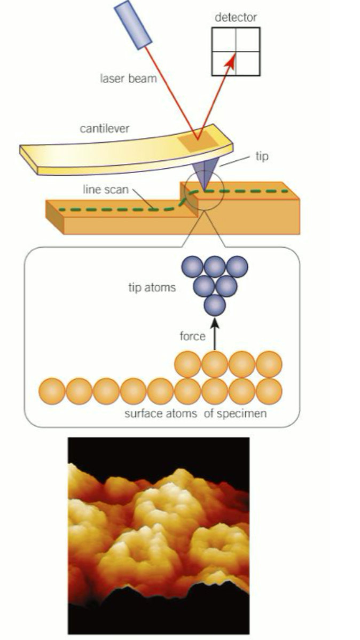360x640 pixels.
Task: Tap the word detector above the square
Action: coord(236,17)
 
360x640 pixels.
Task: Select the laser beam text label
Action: coord(129,79)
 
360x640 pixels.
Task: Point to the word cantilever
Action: coord(104,129)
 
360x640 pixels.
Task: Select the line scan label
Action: coord(105,190)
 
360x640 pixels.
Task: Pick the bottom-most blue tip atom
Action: coord(215,305)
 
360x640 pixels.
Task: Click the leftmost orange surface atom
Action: coord(52,392)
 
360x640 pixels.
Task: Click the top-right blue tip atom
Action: coord(238,266)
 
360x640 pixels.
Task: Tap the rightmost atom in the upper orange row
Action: coord(269,364)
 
